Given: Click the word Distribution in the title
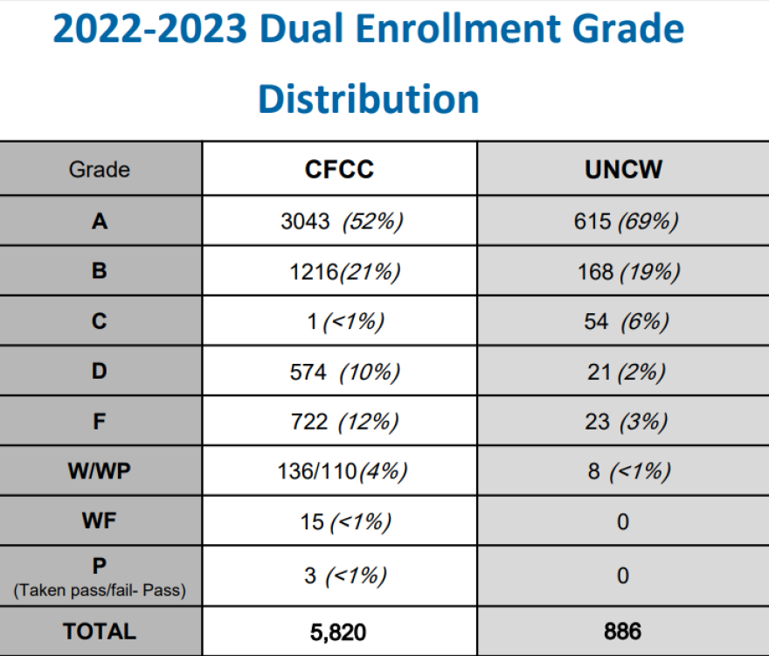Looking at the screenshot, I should pyautogui.click(x=368, y=99).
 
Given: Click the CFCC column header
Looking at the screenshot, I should pyautogui.click(x=339, y=170).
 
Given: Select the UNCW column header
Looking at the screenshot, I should pyautogui.click(x=623, y=170).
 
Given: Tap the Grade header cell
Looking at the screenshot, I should pyautogui.click(x=99, y=170).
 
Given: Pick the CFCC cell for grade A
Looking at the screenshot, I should pyautogui.click(x=341, y=221).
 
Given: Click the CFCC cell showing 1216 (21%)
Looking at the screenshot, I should pyautogui.click(x=344, y=272).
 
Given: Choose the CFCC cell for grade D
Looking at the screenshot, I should pyautogui.click(x=344, y=372).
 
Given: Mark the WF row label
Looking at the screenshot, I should pyautogui.click(x=99, y=522).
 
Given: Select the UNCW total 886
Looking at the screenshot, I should pyautogui.click(x=622, y=632).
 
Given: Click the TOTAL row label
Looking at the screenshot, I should pyautogui.click(x=99, y=632).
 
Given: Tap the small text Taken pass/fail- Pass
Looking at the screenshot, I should pyautogui.click(x=99, y=590).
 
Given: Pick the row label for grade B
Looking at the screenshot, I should pyautogui.click(x=99, y=271).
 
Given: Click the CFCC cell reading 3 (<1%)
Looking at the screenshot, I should pyautogui.click(x=344, y=576).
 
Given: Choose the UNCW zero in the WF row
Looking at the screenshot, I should pyautogui.click(x=622, y=522).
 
